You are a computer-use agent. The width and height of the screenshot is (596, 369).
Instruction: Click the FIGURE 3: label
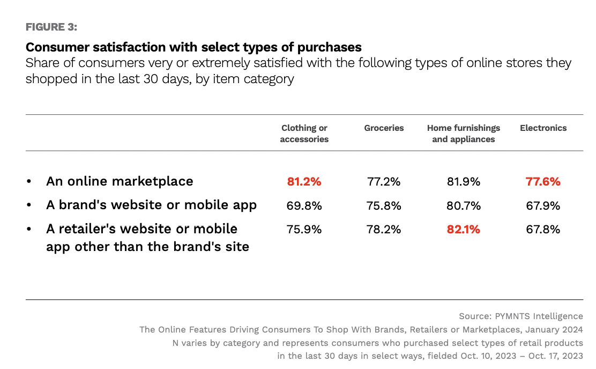51,27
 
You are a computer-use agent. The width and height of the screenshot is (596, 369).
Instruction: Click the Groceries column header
384,128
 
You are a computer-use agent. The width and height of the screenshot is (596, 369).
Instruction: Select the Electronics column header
543,128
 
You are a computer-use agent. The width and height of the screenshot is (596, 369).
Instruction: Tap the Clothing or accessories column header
304,134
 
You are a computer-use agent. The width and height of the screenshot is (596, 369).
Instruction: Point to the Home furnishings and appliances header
463,134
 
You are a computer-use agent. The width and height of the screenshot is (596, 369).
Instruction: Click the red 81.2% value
304,182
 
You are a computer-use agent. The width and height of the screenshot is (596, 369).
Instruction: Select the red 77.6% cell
543,182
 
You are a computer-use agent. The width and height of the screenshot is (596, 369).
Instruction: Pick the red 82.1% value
463,230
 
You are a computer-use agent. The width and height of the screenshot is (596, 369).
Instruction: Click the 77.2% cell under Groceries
384,182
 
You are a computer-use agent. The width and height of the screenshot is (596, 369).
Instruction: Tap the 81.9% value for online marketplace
463,182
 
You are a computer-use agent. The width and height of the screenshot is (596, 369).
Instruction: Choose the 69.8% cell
304,205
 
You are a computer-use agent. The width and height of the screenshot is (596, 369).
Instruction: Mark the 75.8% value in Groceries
384,205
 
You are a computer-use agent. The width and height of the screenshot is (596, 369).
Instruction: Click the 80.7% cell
463,205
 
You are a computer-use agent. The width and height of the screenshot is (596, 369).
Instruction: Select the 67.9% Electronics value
543,205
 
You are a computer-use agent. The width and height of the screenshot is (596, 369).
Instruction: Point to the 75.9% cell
304,230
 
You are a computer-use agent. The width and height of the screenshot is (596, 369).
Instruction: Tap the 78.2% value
384,230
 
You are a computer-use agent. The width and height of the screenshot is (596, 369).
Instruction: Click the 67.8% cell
543,230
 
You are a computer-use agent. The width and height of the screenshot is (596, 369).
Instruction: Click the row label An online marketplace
120,181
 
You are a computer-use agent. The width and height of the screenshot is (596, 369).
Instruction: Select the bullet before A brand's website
29,205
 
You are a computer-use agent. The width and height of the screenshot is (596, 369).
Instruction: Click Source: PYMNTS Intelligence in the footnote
520,316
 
